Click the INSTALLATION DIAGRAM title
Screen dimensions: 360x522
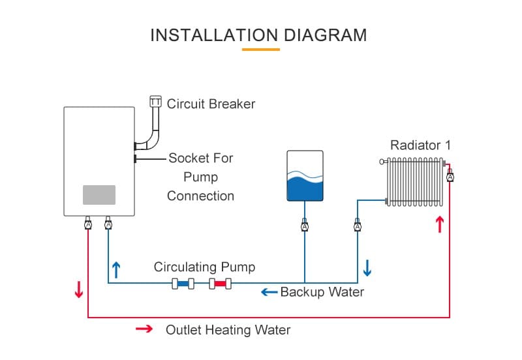point(258,35)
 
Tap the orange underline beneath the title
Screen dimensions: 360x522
point(260,50)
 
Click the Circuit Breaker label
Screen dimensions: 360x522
point(211,104)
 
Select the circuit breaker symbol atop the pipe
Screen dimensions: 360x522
point(155,101)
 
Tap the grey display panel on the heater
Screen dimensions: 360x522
point(99,194)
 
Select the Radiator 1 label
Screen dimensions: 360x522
point(420,145)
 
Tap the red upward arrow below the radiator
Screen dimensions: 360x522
point(440,225)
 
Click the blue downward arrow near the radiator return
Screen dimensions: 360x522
point(367,267)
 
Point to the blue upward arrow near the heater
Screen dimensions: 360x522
point(116,269)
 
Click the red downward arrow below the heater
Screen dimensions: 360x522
point(79,290)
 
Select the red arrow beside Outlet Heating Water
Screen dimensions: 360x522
point(144,329)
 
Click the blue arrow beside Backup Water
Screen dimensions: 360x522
point(269,292)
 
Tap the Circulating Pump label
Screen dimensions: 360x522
point(204,267)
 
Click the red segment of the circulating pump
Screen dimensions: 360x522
point(221,284)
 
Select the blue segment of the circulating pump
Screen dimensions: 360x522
point(183,284)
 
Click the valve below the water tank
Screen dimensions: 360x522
point(304,226)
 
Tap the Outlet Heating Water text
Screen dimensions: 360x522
point(228,329)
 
